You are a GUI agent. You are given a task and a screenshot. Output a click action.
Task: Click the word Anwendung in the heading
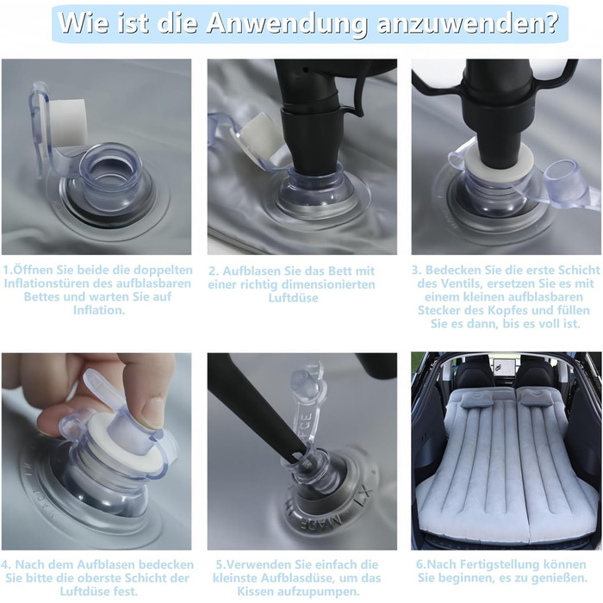pyautogui.click(x=287, y=24)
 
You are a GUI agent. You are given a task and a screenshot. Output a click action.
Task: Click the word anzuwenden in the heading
pyautogui.click(x=467, y=24)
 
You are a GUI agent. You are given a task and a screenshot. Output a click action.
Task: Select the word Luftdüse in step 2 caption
pyautogui.click(x=294, y=298)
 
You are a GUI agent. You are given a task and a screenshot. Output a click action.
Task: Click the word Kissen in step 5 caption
pyautogui.click(x=255, y=591)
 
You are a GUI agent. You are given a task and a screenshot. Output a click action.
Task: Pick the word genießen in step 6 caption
pyautogui.click(x=556, y=578)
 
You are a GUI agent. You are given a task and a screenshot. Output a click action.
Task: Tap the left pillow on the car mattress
pyautogui.click(x=476, y=400)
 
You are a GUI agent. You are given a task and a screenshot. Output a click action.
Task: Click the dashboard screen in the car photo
pyautogui.click(x=500, y=366)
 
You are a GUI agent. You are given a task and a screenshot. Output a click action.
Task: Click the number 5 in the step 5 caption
pyautogui.click(x=220, y=565)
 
